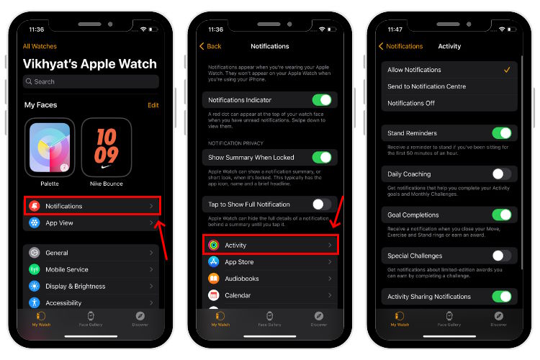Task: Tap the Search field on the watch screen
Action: coord(91,81)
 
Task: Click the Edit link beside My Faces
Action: coord(153,105)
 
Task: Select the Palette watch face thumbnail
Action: coord(49,148)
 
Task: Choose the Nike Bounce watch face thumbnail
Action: coord(106,148)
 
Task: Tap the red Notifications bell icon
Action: coord(35,206)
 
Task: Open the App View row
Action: coord(91,223)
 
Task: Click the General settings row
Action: coord(91,253)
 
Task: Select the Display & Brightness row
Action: coord(91,286)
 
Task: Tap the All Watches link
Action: coord(40,46)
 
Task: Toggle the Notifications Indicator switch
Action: coord(321,100)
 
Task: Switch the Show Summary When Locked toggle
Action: coord(321,157)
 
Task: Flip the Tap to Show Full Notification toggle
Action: coord(321,204)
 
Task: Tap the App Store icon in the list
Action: coord(214,262)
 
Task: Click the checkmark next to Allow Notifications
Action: coord(507,70)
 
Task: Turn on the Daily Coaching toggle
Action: coord(501,174)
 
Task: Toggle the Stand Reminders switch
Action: coord(501,133)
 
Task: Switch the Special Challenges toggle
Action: coord(501,256)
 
